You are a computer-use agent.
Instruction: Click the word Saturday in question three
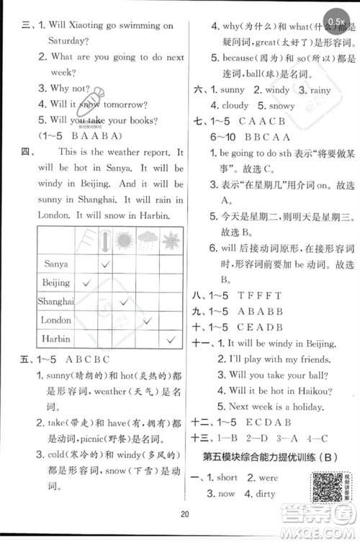coord(71,41)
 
